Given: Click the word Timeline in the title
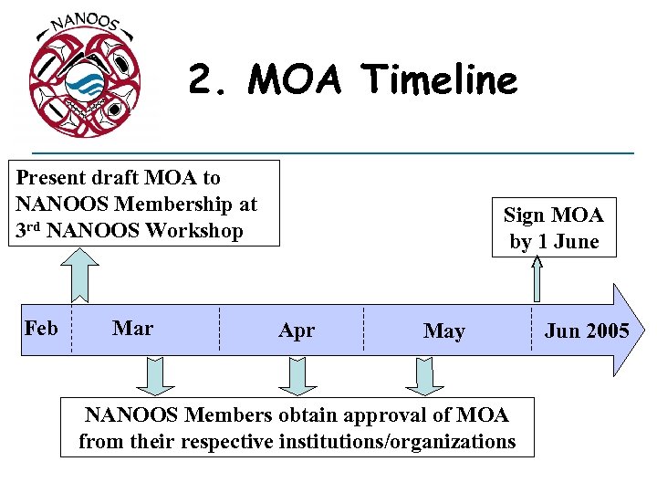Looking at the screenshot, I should point(440,80).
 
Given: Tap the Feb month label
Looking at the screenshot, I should point(41,328).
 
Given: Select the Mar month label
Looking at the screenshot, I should point(132,328).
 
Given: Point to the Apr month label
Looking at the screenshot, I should point(297,330).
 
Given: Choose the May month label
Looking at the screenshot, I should point(443,331).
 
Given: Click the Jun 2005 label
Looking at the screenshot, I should point(586,330).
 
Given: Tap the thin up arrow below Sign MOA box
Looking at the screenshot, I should point(538,278).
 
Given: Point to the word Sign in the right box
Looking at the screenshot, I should point(524,215).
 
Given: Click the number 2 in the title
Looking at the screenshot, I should point(202,80).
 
